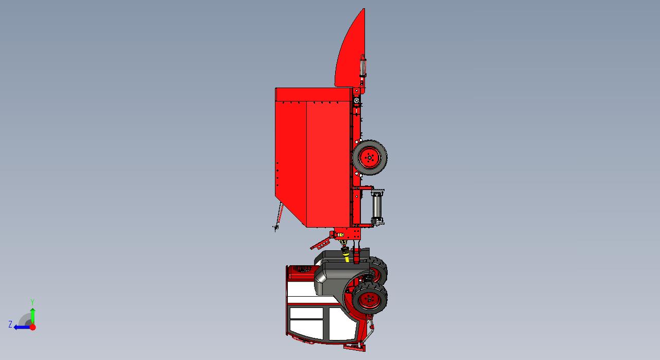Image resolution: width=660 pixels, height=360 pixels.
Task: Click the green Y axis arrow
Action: click(33, 316)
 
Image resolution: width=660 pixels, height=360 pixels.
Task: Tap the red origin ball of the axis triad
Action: click(33, 327)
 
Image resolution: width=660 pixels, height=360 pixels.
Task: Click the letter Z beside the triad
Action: click(10, 324)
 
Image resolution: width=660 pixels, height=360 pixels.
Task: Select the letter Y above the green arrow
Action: click(33, 302)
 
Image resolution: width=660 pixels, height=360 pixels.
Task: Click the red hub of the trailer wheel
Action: click(369, 158)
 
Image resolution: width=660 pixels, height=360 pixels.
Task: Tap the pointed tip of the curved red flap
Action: click(364, 9)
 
